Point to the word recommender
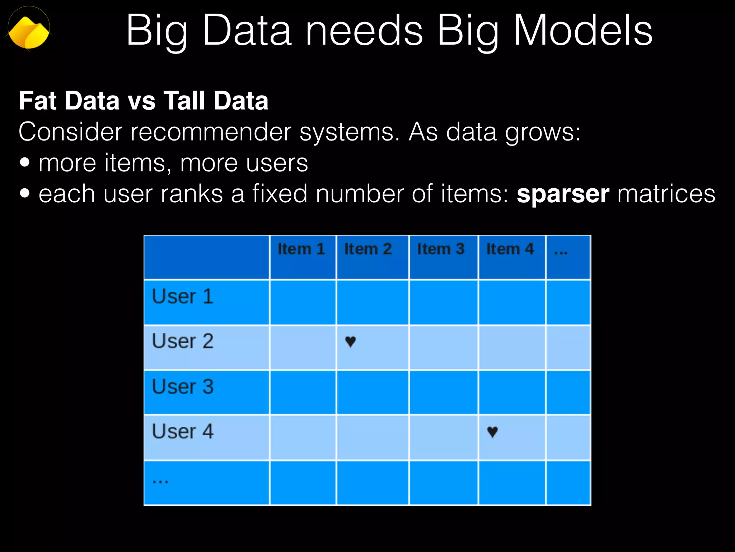coord(211,132)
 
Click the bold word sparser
coord(563,194)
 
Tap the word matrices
coord(666,194)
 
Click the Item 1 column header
coord(301,249)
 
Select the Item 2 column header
coord(368,249)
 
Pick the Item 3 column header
coord(441,249)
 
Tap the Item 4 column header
coord(510,249)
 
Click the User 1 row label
coord(183,297)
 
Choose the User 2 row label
coord(183,341)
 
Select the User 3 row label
coord(183,387)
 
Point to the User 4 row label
coord(183,432)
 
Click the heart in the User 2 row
coord(350,341)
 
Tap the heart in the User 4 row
coord(492,432)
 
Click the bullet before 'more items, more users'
coord(25,162)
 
